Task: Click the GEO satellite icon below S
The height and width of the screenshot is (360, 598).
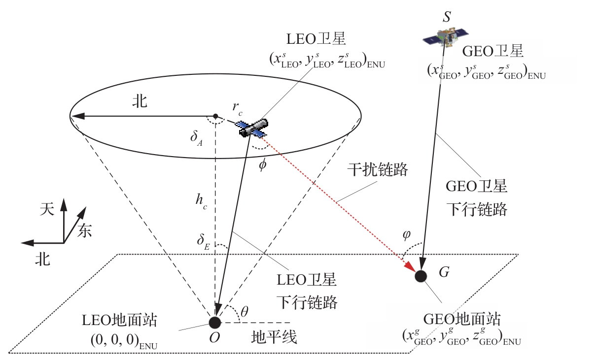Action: (x=446, y=37)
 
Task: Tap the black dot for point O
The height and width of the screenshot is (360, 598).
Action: (x=215, y=322)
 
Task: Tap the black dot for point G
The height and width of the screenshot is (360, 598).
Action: (x=421, y=276)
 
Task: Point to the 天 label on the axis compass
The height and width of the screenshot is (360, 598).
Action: (x=46, y=209)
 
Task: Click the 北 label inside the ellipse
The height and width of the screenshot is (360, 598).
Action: (x=140, y=102)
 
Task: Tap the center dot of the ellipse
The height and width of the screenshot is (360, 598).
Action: (x=215, y=116)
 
